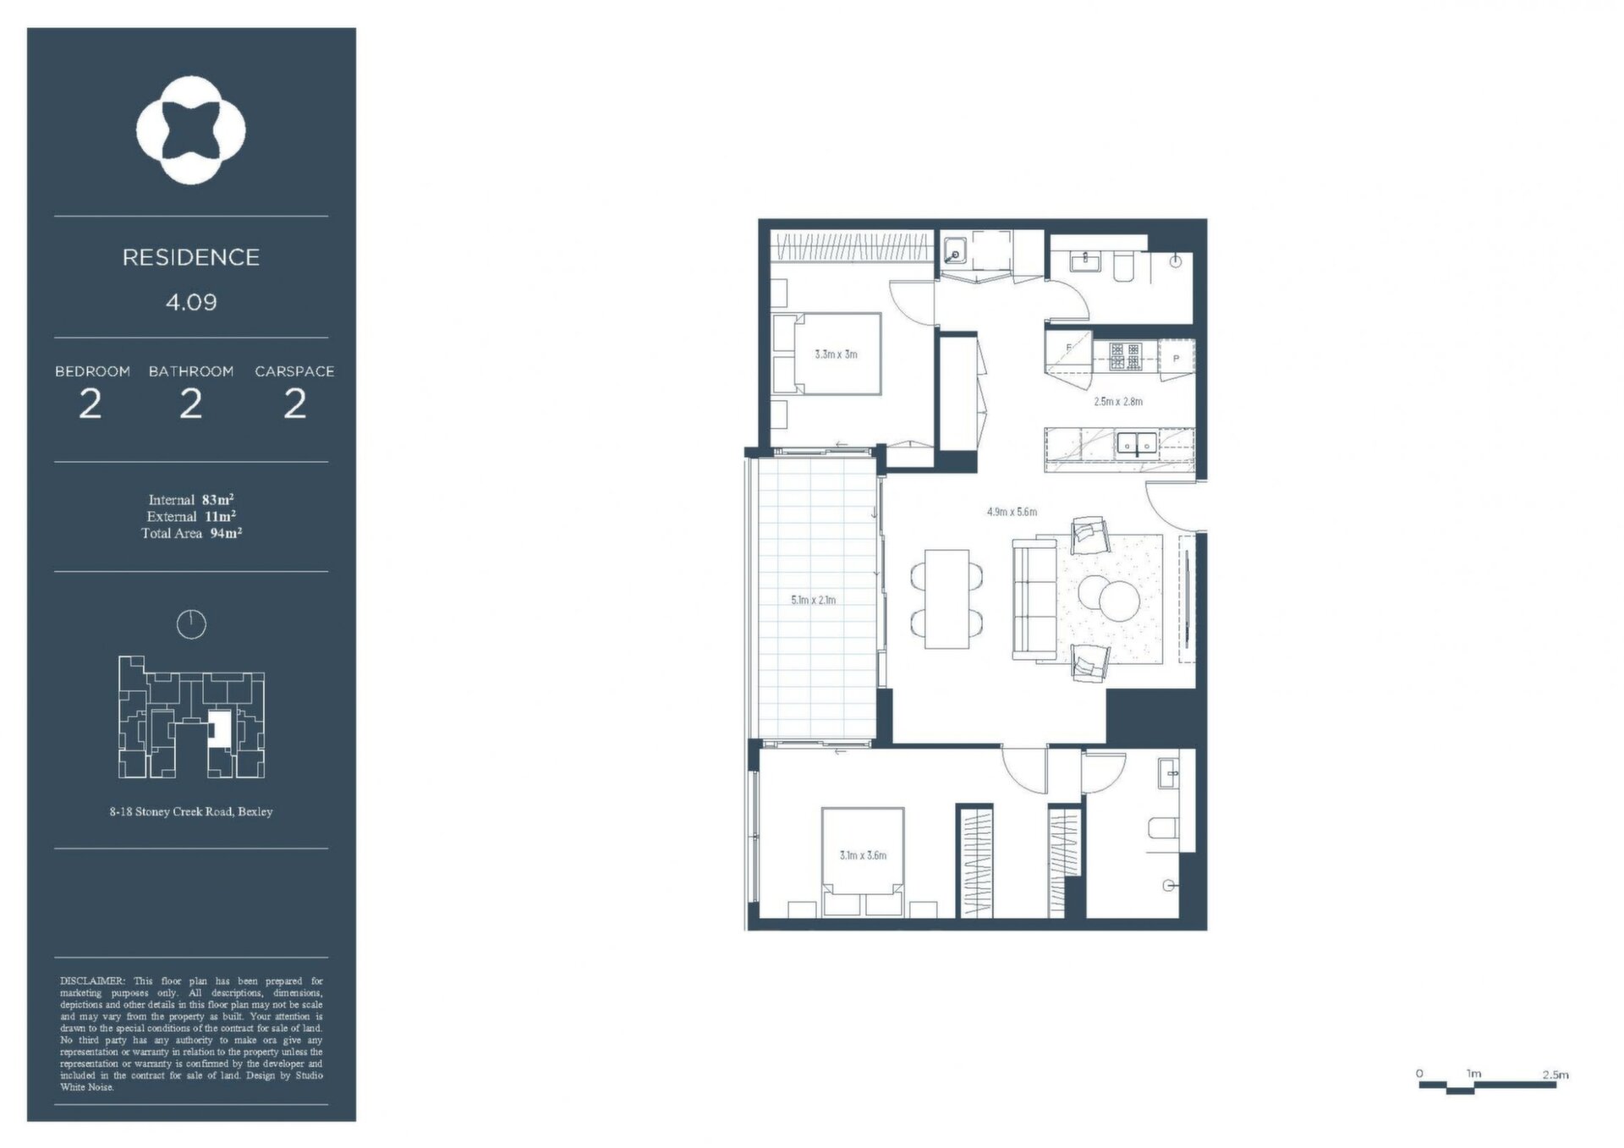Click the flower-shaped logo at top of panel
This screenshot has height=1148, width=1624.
point(191,130)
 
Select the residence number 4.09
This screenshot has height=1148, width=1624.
point(191,302)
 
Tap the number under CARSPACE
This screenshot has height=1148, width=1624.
point(294,404)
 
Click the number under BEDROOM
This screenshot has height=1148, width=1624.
point(91,404)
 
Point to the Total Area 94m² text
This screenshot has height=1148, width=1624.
point(192,533)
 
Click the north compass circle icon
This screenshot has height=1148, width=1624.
point(191,624)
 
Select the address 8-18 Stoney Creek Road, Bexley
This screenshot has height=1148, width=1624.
point(191,811)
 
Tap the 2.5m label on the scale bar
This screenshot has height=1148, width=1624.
point(1555,1074)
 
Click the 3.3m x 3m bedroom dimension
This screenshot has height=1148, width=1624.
point(836,354)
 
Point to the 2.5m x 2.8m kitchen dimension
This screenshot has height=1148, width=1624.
point(1118,402)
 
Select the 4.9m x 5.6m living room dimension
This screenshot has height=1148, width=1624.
point(1012,512)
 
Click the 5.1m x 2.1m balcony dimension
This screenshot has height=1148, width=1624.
point(813,600)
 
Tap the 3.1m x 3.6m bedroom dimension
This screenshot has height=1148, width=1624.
point(863,855)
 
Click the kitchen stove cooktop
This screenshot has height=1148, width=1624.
point(1126,356)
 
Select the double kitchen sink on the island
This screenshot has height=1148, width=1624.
point(1137,443)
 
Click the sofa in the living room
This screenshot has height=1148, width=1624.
point(1034,601)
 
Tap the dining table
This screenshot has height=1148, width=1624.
point(946,599)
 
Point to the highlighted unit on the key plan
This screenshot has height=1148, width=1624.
point(220,728)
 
